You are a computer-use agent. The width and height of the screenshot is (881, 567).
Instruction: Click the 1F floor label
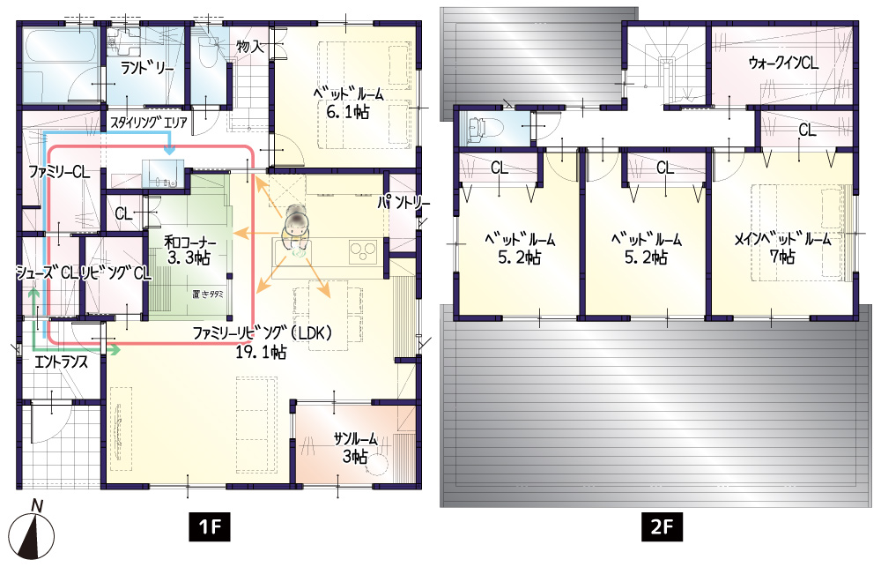point(209,526)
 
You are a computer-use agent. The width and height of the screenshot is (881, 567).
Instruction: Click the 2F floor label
point(662,526)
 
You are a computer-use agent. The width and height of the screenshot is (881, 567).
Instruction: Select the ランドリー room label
point(148,69)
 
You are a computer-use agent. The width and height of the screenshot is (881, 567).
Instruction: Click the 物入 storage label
point(250,46)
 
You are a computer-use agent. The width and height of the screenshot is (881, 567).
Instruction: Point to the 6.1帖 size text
point(348,111)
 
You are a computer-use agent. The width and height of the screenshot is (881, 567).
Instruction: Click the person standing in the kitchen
point(295,231)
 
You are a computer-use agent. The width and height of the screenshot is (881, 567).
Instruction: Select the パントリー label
point(403,202)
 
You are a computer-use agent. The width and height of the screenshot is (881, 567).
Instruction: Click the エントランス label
point(62,362)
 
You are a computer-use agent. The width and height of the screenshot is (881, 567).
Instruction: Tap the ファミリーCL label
point(58,172)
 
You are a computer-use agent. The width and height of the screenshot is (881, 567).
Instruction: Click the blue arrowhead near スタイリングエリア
point(169,150)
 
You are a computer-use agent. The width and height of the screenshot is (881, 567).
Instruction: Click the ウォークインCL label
point(783,63)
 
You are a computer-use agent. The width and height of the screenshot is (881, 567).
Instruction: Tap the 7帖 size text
point(782,257)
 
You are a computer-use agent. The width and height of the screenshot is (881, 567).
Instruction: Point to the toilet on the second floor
point(478,127)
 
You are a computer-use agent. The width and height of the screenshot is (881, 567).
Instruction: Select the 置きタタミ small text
point(207,294)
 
